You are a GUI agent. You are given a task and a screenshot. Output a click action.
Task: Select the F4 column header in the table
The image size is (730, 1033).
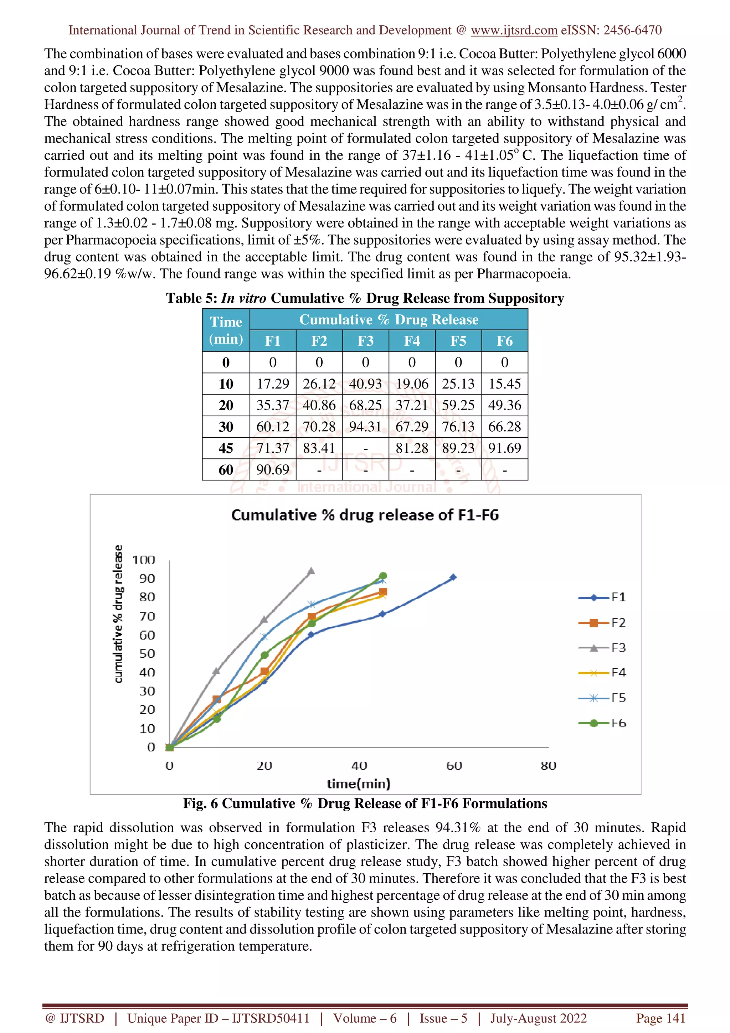coord(412,341)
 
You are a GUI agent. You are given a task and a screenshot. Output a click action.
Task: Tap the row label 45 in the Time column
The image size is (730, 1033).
coord(226,448)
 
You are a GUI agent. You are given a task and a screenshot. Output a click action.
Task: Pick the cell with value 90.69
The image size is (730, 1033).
coord(273,470)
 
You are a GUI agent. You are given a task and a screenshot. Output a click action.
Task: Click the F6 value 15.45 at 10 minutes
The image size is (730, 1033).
coord(504,384)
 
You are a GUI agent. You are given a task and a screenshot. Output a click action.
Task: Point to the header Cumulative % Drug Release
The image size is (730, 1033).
coord(389,319)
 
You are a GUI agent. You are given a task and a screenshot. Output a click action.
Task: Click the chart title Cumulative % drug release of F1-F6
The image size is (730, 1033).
coord(365,515)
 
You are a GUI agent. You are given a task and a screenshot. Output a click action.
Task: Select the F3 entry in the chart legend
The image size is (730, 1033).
coord(603,648)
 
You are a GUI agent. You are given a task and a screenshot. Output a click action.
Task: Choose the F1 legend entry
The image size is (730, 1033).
coord(603,597)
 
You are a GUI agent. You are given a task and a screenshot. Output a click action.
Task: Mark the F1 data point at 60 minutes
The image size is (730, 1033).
coord(453,577)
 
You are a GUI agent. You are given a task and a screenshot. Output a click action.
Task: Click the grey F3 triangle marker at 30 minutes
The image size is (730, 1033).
coord(311,571)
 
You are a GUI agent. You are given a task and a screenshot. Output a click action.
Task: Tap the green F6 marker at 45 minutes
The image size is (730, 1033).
coord(383,576)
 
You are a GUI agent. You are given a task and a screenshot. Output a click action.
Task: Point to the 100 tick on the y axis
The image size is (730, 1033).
coord(144,560)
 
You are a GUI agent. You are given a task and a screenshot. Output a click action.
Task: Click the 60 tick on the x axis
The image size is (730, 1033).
coord(454,766)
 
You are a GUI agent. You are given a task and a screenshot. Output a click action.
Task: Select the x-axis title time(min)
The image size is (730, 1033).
coord(359,784)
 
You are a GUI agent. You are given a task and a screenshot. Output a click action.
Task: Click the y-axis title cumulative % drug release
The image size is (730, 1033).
coord(118,614)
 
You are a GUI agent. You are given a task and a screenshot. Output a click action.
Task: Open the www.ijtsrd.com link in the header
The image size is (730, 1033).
coord(514,30)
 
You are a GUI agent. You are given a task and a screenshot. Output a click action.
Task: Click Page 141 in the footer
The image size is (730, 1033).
coord(660,1018)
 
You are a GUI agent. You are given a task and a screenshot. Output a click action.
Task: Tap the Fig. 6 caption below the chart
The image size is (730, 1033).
coord(365,803)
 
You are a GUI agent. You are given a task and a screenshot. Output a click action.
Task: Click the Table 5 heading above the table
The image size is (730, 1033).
coord(365,298)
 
